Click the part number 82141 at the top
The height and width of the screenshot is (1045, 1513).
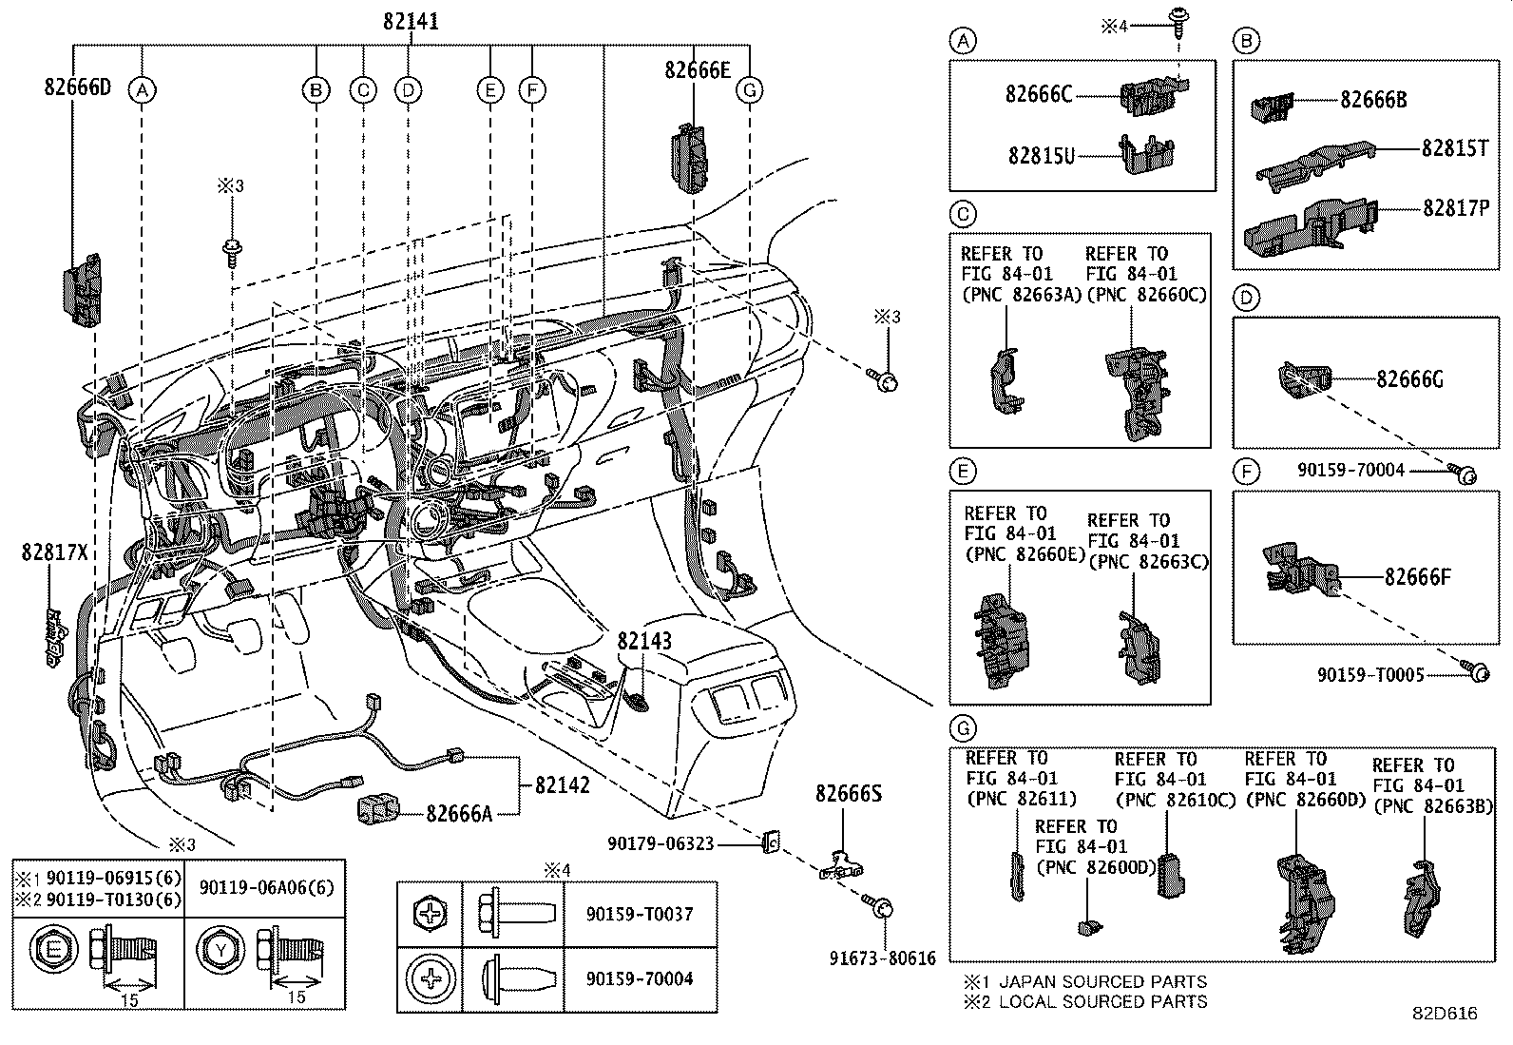(x=411, y=20)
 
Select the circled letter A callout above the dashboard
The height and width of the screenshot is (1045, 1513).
(x=142, y=90)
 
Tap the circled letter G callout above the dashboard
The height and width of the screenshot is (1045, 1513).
(x=750, y=90)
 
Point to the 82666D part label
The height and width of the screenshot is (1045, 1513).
(x=77, y=87)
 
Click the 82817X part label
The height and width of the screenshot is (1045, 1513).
(x=54, y=552)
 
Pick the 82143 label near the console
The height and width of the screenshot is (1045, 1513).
(x=644, y=641)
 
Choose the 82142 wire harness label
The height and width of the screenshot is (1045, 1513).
(x=562, y=785)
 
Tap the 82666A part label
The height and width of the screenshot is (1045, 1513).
(x=459, y=813)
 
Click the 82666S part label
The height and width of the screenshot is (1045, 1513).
(x=848, y=793)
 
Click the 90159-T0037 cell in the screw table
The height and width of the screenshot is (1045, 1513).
(x=640, y=914)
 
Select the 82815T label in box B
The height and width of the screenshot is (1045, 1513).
(x=1455, y=148)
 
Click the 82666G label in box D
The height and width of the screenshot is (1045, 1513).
(x=1409, y=379)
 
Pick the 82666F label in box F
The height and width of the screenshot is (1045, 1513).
(x=1417, y=576)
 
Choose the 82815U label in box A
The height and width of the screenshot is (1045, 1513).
(x=1042, y=155)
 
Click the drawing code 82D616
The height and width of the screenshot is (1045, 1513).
(x=1444, y=1014)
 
